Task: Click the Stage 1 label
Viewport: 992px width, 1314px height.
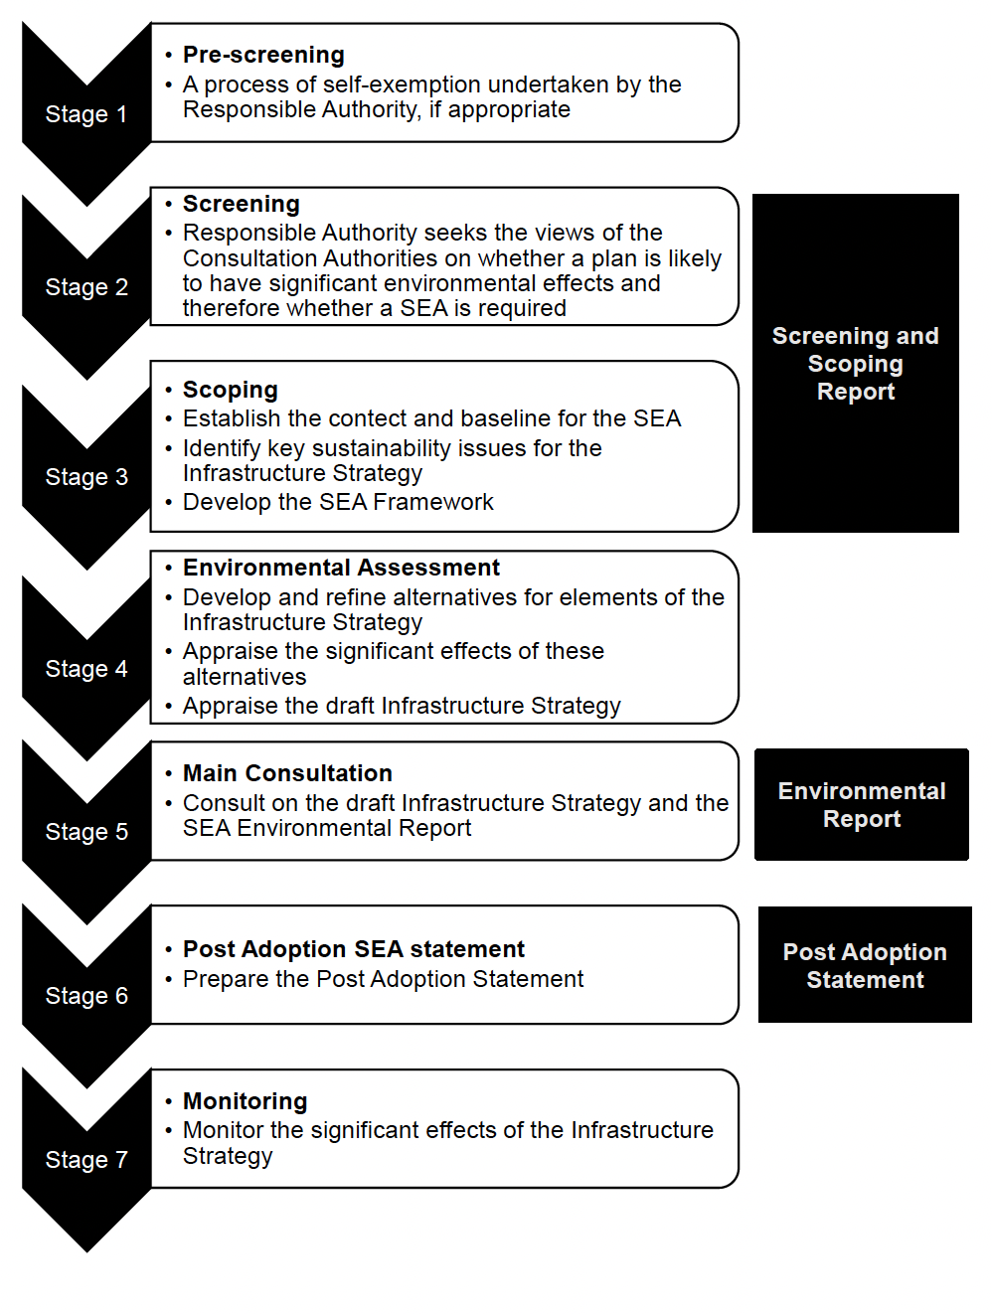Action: click(85, 114)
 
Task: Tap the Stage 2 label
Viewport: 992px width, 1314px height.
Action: click(86, 287)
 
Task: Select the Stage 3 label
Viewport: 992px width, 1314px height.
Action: click(86, 477)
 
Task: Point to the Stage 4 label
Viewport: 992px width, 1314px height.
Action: click(86, 669)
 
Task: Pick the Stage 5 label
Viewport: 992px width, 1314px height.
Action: click(86, 832)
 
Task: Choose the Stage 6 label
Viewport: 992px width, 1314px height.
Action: click(86, 996)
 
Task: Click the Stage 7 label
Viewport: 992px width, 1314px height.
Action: click(86, 1160)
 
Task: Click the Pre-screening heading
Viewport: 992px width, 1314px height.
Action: click(263, 55)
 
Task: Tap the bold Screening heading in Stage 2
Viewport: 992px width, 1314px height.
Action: click(242, 204)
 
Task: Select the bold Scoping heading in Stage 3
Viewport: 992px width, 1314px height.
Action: click(231, 390)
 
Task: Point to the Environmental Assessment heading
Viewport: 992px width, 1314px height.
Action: click(341, 568)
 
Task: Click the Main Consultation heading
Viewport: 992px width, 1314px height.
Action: click(287, 773)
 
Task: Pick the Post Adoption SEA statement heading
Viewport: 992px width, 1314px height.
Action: click(354, 949)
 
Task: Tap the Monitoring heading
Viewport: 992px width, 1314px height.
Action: click(246, 1101)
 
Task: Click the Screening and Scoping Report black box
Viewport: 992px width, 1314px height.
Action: click(856, 364)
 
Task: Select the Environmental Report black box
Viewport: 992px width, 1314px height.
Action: click(862, 805)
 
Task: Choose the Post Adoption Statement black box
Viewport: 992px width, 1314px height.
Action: click(865, 965)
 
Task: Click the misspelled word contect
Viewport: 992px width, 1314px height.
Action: click(368, 418)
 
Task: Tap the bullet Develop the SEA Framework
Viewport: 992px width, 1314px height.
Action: click(338, 502)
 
